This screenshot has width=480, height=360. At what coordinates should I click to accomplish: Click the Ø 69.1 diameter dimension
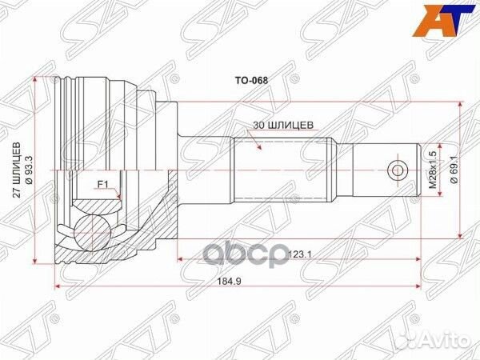pos(454,172)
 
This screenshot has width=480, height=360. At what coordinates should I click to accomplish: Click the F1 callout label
pos(103,185)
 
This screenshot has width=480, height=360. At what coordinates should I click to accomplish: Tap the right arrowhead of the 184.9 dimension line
pos(418,286)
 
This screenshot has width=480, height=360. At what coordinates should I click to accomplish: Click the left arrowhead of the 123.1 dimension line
pos(180,259)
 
